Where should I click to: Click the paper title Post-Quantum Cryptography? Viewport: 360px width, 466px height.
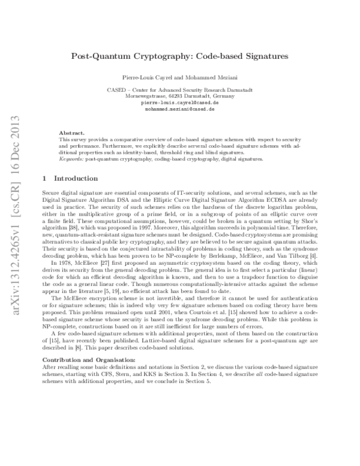tap(180, 55)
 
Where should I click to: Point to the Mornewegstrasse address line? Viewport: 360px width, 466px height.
tap(181, 96)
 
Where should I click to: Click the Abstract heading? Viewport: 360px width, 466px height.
tap(72, 132)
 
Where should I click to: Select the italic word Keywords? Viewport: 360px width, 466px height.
tap(71, 159)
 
